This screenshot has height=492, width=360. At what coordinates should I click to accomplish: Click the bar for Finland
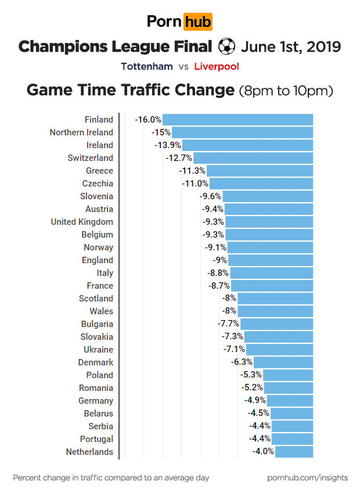click(237, 120)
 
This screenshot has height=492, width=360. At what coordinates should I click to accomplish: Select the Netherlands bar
click(294, 452)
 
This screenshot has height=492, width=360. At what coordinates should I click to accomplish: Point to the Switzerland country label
click(90, 158)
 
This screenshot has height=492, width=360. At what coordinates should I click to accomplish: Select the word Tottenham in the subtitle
click(147, 66)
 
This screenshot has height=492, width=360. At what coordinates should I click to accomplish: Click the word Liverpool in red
click(217, 66)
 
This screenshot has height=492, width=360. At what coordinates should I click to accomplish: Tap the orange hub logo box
click(197, 22)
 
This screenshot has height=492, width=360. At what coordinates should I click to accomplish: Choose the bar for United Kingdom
click(269, 222)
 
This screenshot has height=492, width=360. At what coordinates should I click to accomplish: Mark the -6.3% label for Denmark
click(242, 362)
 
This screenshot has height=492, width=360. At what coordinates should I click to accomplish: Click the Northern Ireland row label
click(81, 132)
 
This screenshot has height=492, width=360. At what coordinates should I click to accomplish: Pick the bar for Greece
click(260, 171)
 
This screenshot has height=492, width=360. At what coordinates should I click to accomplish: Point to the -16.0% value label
click(148, 120)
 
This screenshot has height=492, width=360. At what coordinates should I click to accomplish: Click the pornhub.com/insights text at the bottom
click(307, 477)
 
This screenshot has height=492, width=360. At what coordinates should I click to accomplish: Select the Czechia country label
click(98, 184)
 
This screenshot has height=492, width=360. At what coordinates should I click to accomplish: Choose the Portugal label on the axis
click(97, 439)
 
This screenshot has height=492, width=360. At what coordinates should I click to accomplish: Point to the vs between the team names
click(183, 66)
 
